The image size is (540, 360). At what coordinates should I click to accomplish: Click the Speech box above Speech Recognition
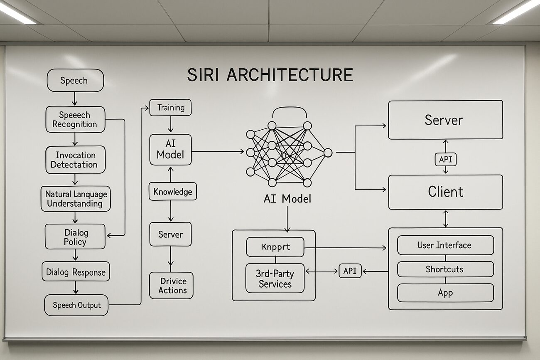click(75, 80)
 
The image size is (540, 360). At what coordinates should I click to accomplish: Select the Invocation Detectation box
click(75, 160)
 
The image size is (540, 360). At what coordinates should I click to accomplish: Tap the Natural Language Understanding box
click(75, 199)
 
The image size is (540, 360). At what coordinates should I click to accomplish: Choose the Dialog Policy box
click(75, 237)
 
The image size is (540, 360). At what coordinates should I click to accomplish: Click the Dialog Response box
click(76, 272)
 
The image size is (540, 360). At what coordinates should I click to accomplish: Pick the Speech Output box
click(76, 305)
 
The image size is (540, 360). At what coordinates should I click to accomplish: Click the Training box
click(170, 108)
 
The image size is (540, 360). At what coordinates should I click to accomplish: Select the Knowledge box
click(172, 192)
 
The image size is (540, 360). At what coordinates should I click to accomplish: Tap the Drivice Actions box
click(172, 286)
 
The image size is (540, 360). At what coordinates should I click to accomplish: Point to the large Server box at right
click(445, 120)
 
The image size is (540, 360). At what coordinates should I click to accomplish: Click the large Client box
click(445, 192)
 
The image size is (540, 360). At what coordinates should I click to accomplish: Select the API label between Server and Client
click(445, 159)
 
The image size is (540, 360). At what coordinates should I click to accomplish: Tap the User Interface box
click(445, 245)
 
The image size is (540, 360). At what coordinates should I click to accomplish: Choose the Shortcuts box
click(445, 269)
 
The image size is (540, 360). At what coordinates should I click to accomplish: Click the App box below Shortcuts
click(445, 293)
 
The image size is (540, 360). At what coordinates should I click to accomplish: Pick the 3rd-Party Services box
click(275, 279)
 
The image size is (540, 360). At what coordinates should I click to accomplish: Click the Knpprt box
click(275, 247)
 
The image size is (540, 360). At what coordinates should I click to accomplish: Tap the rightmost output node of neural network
click(328, 153)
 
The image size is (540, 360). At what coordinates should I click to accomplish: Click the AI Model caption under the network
click(287, 199)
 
